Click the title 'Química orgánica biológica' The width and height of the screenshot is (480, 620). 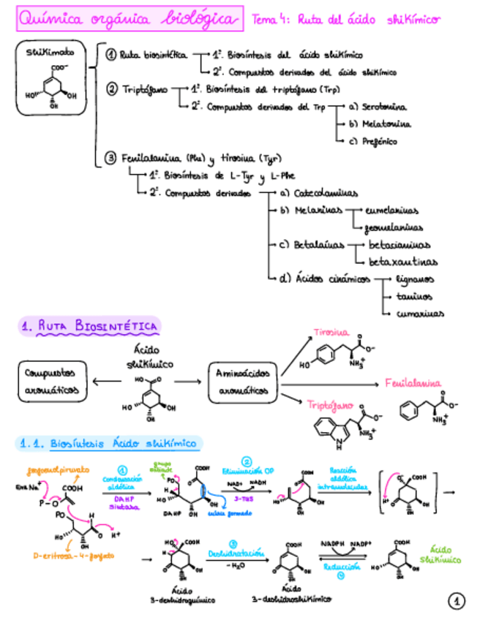[x=129, y=19]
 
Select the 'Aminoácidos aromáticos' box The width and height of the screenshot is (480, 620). [x=242, y=381]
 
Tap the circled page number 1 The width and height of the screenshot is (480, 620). [x=456, y=601]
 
